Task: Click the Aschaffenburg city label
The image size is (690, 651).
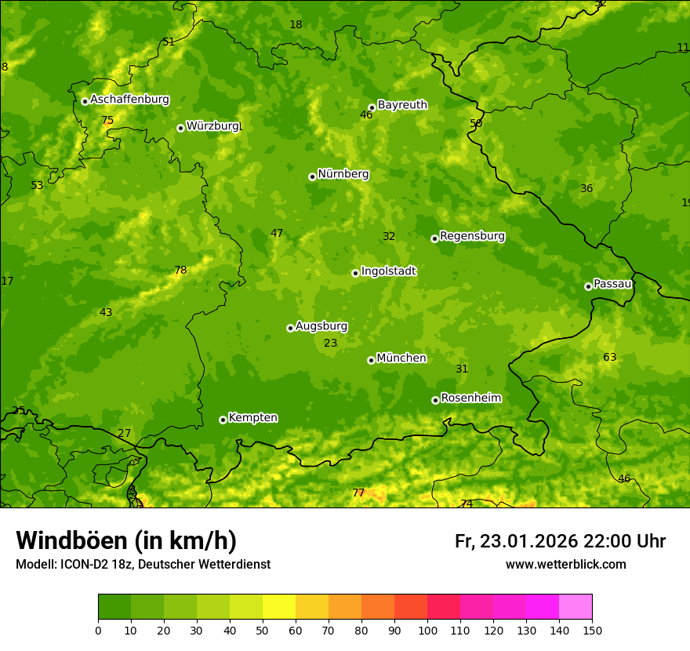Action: point(129,100)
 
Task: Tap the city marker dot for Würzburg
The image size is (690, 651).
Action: point(180,128)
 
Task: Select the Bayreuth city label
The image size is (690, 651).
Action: point(402,104)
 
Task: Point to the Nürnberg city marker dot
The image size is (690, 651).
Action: point(312,176)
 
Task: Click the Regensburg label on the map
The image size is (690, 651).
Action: point(472,235)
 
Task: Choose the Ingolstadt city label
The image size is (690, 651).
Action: point(388,271)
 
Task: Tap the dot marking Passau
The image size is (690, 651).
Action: point(588,286)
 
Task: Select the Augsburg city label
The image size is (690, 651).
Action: point(321,326)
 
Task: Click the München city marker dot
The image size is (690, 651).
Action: point(371,360)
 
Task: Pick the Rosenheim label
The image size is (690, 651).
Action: point(470,398)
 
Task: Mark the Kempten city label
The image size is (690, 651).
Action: point(252,417)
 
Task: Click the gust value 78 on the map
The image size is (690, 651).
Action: point(180,271)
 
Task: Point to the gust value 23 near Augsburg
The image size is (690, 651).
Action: point(331,343)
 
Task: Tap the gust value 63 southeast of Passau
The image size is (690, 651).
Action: point(609,358)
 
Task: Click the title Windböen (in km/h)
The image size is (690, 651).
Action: point(126,540)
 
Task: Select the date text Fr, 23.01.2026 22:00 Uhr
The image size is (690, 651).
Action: point(560,541)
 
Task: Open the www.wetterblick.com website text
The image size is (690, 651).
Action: point(565,564)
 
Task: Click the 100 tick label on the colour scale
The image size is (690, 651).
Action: point(427,630)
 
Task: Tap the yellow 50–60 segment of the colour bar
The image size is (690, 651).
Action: point(279,607)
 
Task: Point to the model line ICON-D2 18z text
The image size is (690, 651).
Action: point(143,564)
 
